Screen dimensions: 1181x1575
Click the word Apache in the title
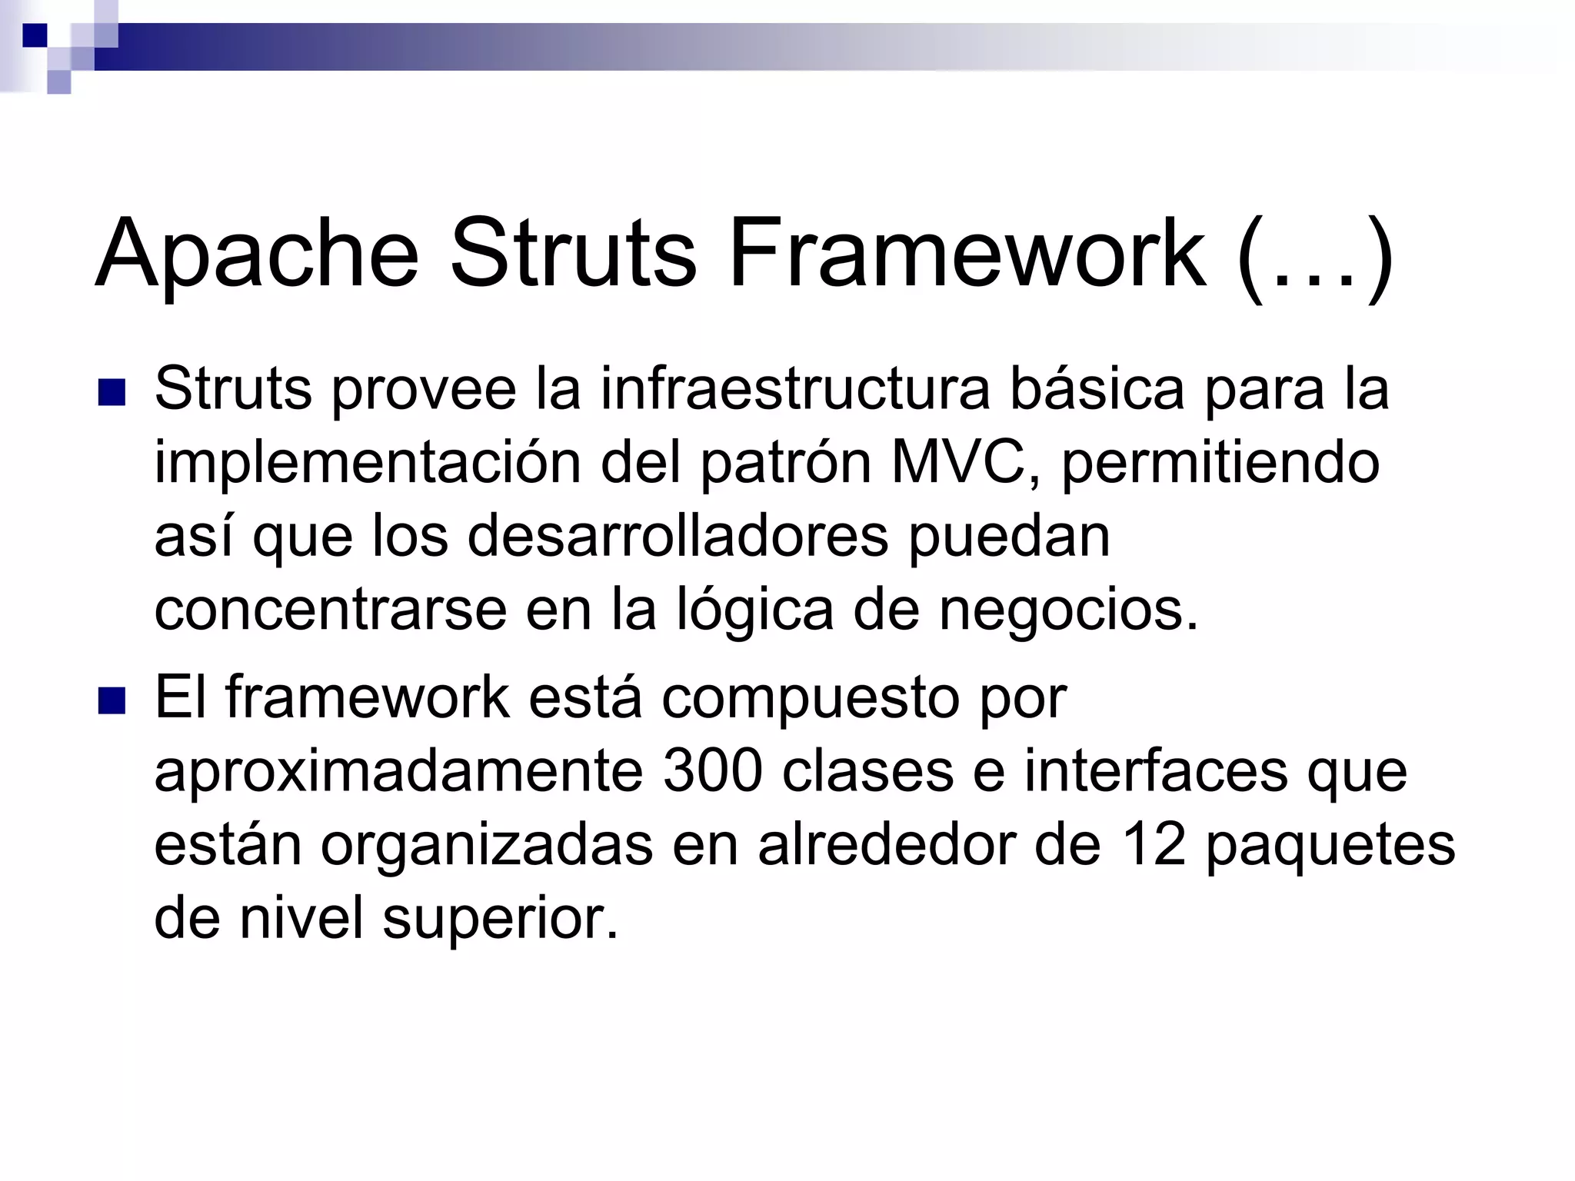point(257,254)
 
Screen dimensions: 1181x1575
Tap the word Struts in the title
point(572,254)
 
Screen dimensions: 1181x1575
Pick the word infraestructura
point(795,389)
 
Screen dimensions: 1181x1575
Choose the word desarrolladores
point(678,536)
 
